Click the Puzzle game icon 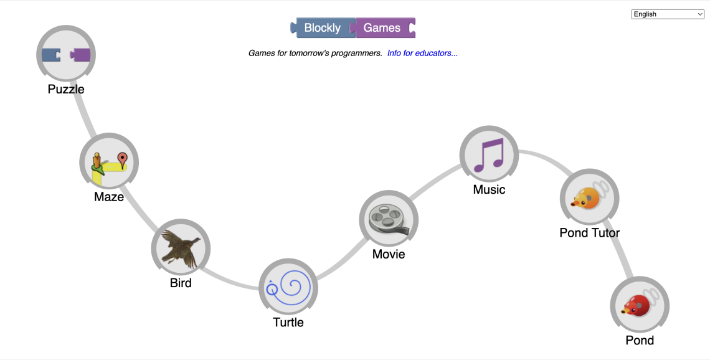(66, 55)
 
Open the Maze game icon (109, 163)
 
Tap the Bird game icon (181, 249)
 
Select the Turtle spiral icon (288, 288)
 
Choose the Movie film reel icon (389, 219)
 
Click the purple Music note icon (489, 155)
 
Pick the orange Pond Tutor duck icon (589, 198)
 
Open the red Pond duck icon (640, 306)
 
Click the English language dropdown (668, 14)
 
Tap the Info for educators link (422, 53)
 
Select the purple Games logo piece (382, 28)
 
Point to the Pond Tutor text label (589, 233)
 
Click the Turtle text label (288, 322)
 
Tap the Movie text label (389, 254)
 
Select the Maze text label (109, 197)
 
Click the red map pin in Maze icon (123, 159)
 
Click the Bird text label (181, 283)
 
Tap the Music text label (489, 189)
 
